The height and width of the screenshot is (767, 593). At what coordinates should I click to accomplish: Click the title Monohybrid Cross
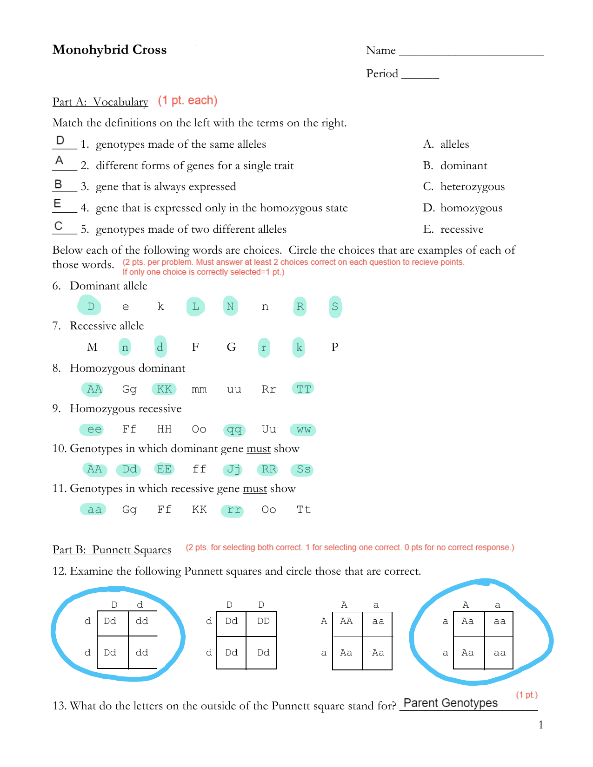(x=109, y=50)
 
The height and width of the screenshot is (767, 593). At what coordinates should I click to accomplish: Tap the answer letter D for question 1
(x=60, y=140)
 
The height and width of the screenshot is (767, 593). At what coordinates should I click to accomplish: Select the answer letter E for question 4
(x=58, y=203)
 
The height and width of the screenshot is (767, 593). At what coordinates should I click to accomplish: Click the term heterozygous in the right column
(x=472, y=187)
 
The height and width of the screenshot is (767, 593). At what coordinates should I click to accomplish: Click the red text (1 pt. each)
(x=187, y=100)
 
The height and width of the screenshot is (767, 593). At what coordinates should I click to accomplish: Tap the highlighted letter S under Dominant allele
(x=335, y=307)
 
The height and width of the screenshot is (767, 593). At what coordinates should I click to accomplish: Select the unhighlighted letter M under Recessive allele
(x=92, y=347)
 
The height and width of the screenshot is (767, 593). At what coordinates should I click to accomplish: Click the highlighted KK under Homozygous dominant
(x=164, y=389)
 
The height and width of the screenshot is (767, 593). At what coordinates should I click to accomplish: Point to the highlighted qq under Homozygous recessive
(x=234, y=430)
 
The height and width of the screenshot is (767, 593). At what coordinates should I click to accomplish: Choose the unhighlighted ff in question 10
(x=199, y=469)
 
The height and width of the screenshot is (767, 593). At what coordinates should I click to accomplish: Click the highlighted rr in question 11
(x=233, y=510)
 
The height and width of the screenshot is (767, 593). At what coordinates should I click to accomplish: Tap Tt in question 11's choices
(x=303, y=510)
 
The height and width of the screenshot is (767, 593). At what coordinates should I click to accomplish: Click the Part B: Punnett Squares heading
(x=112, y=550)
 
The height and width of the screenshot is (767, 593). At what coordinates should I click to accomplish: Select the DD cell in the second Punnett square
(x=263, y=621)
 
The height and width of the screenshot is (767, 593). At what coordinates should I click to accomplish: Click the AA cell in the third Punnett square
(x=346, y=621)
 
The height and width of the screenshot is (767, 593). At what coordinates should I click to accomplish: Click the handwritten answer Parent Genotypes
(x=450, y=703)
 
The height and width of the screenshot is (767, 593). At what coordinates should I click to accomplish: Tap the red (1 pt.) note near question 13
(x=526, y=695)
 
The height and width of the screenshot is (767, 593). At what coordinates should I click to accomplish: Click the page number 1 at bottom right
(x=540, y=725)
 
